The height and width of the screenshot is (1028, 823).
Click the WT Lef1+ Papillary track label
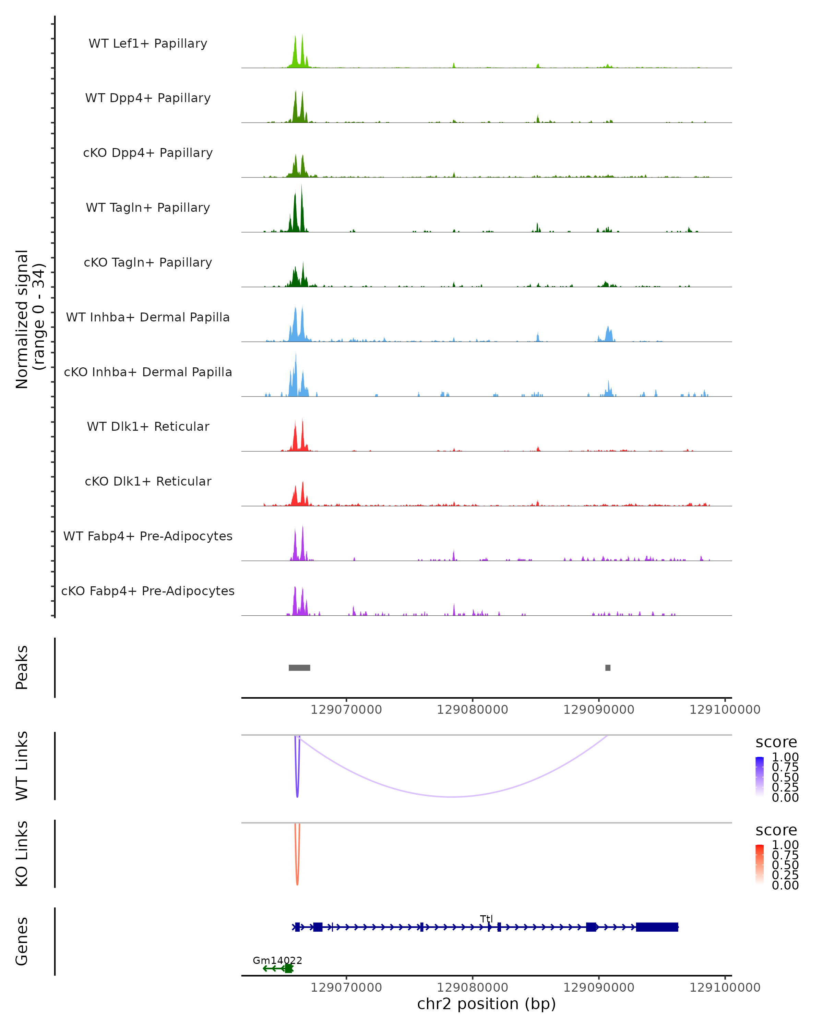pyautogui.click(x=148, y=44)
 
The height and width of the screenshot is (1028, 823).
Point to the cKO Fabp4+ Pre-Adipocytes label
pyautogui.click(x=148, y=591)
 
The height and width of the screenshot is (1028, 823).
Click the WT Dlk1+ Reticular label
pyautogui.click(x=148, y=426)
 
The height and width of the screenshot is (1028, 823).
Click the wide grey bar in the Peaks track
pyautogui.click(x=299, y=668)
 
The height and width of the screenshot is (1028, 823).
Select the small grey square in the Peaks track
pyautogui.click(x=608, y=668)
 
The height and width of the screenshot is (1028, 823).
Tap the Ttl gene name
pyautogui.click(x=486, y=919)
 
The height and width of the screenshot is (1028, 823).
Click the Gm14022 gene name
pyautogui.click(x=277, y=960)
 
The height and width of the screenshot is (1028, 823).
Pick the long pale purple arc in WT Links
pyautogui.click(x=453, y=796)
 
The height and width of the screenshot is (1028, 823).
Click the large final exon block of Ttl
pyautogui.click(x=657, y=927)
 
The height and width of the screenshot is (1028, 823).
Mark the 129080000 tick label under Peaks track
pyautogui.click(x=472, y=710)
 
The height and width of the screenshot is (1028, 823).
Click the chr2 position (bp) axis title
pyautogui.click(x=486, y=1004)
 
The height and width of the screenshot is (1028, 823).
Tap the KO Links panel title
pyautogui.click(x=22, y=854)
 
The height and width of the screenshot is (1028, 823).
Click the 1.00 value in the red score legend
pyautogui.click(x=785, y=844)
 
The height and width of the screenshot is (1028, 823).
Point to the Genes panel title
pyautogui.click(x=22, y=941)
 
